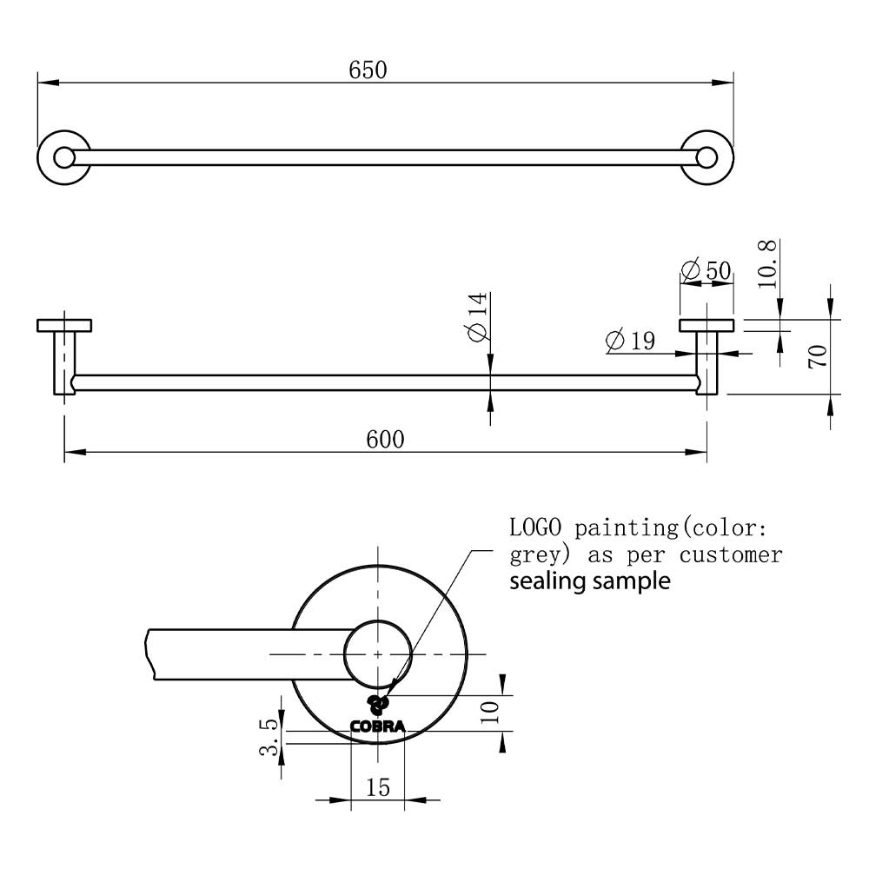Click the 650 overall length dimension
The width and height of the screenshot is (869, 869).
click(368, 70)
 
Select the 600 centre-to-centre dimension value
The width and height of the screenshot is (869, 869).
click(385, 440)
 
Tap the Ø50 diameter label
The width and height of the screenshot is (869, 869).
click(706, 270)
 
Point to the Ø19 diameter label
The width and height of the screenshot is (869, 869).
click(631, 341)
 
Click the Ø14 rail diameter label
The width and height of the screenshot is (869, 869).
click(478, 317)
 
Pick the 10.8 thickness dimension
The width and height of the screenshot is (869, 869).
click(767, 264)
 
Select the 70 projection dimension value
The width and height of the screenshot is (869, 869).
click(819, 356)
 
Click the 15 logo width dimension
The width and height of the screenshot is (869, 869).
click(378, 787)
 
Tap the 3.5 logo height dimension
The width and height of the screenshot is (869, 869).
click(269, 737)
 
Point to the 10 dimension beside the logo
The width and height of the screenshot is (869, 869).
click(490, 712)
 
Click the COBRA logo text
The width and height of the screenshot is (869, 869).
click(377, 726)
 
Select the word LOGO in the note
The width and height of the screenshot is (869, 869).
click(535, 527)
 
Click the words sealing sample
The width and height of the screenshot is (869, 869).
click(590, 581)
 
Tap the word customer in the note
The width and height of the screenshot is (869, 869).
click(731, 554)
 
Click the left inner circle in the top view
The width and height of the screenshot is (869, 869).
click(64, 158)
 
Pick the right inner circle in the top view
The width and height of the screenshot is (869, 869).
click(706, 158)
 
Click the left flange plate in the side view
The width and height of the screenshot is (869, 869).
click(64, 325)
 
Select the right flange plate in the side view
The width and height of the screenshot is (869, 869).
click(706, 325)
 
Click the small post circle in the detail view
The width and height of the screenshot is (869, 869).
click(378, 620)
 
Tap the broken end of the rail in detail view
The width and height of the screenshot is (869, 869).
click(149, 654)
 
